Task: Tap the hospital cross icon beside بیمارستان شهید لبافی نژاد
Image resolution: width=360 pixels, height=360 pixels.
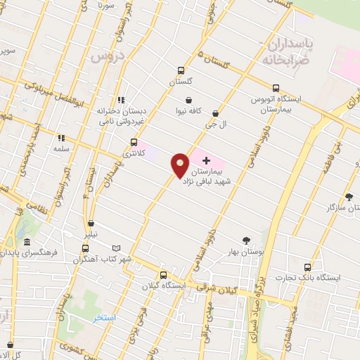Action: tap(206, 161)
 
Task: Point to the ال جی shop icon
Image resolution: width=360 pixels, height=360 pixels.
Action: tap(215, 113)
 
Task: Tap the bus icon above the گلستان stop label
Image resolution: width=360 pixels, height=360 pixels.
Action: tap(181, 70)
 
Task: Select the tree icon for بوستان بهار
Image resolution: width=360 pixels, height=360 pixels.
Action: tap(245, 240)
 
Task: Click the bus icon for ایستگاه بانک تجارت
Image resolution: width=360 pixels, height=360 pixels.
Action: tap(307, 267)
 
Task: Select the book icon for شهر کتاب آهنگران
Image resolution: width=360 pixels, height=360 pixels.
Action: tap(117, 249)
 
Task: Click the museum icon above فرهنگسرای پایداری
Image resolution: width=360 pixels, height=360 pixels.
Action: tap(27, 241)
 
